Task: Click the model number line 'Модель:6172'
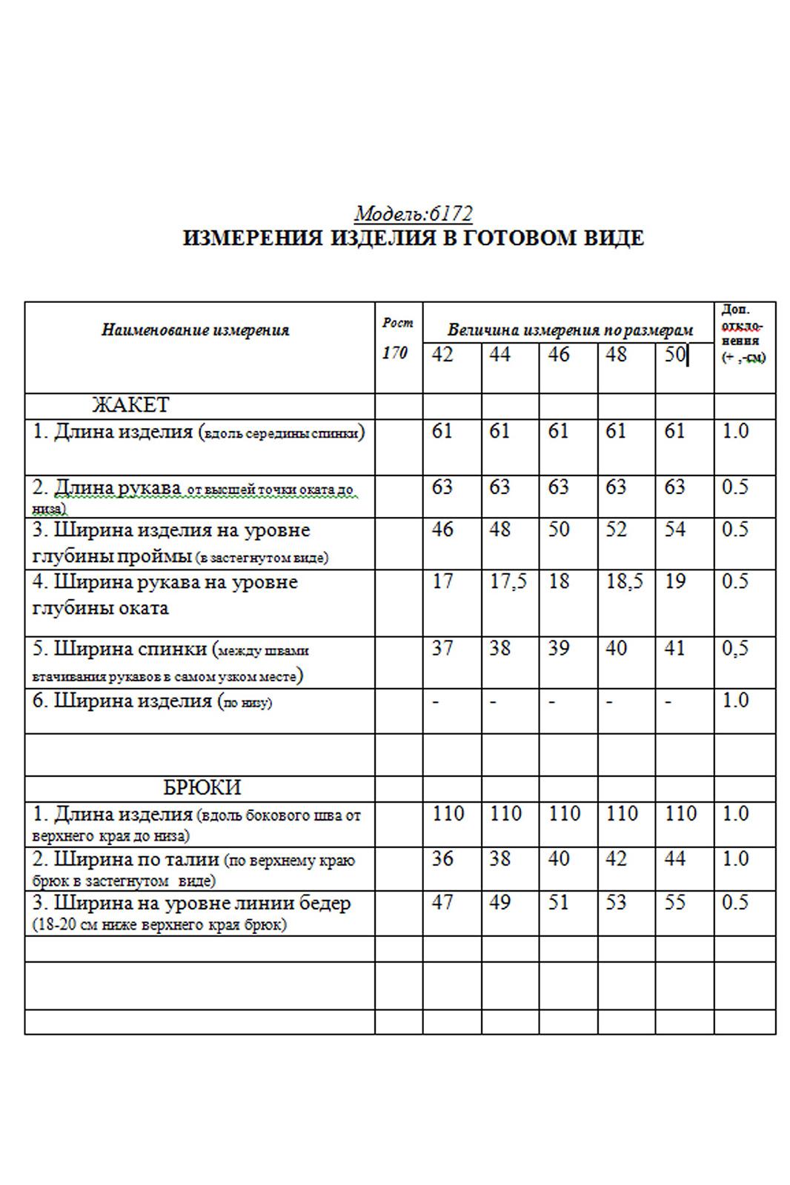pyautogui.click(x=413, y=214)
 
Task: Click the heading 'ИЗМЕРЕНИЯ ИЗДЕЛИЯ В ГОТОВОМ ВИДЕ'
pyautogui.click(x=413, y=238)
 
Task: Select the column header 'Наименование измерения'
pyautogui.click(x=195, y=330)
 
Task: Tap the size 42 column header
pyautogui.click(x=442, y=355)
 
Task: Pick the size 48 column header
pyautogui.click(x=616, y=355)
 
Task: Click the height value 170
pyautogui.click(x=395, y=353)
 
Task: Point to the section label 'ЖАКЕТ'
pyautogui.click(x=130, y=405)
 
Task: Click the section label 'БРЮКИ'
pyautogui.click(x=202, y=787)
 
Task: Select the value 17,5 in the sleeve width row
pyautogui.click(x=508, y=581)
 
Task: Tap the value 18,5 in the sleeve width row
pyautogui.click(x=625, y=581)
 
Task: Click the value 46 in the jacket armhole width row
pyautogui.click(x=442, y=530)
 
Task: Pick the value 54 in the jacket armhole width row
pyautogui.click(x=674, y=530)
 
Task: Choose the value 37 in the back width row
pyautogui.click(x=442, y=648)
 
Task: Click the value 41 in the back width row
pyautogui.click(x=674, y=648)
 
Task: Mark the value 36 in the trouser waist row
pyautogui.click(x=442, y=858)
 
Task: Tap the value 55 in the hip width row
pyautogui.click(x=674, y=902)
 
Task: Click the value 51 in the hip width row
pyautogui.click(x=558, y=902)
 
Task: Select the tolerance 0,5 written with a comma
pyautogui.click(x=735, y=648)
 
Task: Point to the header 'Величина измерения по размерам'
pyautogui.click(x=570, y=330)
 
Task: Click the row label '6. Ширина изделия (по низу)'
pyautogui.click(x=152, y=701)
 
